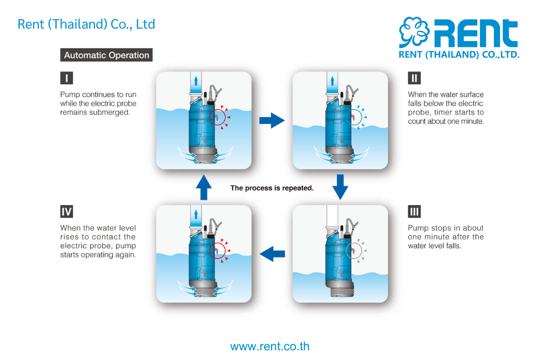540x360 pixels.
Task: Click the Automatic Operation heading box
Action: pos(106,55)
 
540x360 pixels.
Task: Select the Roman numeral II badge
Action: pos(414,78)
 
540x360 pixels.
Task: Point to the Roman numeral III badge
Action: pos(414,211)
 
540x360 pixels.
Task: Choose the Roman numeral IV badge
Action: pos(66,211)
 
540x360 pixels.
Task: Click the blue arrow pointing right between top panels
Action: pos(272,120)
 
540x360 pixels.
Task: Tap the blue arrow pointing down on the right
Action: pos(340,187)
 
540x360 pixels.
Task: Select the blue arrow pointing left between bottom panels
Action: pos(272,252)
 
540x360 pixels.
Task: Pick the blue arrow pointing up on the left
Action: pos(204,187)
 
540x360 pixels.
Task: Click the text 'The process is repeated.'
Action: pos(272,188)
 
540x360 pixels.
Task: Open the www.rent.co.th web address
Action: pos(270,347)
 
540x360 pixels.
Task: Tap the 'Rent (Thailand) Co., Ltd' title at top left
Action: pos(86,24)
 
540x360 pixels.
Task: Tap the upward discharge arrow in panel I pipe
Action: pos(195,81)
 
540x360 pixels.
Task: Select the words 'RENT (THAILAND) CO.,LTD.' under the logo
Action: pos(458,55)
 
